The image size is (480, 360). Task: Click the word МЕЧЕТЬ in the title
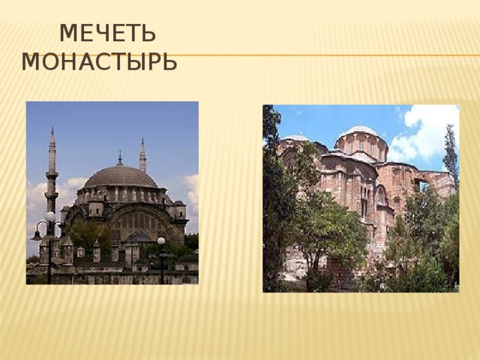107,34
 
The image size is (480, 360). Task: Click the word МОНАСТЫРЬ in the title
99,61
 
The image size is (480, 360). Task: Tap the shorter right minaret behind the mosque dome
142,157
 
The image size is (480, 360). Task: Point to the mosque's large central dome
119,178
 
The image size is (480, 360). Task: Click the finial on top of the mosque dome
119,157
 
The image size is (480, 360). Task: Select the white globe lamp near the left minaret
50,217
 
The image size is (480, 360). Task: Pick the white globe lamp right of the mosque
160,241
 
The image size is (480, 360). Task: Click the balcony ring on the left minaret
52,175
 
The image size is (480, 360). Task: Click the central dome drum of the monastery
361,144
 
